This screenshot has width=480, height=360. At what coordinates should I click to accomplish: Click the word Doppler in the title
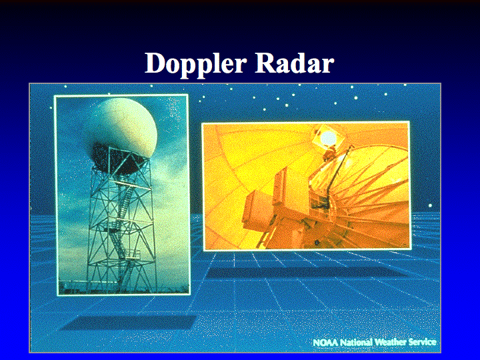pyautogui.click(x=195, y=64)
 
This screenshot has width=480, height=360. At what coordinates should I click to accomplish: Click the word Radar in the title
pyautogui.click(x=295, y=63)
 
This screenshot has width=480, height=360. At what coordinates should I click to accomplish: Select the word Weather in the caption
pyautogui.click(x=391, y=342)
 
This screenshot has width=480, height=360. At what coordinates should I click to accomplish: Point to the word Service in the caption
pyautogui.click(x=423, y=342)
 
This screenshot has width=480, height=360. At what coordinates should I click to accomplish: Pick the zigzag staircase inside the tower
pyautogui.click(x=121, y=221)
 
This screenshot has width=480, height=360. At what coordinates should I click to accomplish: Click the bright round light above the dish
pyautogui.click(x=328, y=138)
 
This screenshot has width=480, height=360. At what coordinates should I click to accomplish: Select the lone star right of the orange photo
pyautogui.click(x=430, y=205)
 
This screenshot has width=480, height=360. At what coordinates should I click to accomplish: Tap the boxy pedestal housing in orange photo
pyautogui.click(x=269, y=208)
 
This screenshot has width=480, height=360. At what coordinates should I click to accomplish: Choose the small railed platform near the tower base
pyautogui.click(x=132, y=255)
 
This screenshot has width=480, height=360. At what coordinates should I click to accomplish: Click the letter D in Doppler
pyautogui.click(x=156, y=63)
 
